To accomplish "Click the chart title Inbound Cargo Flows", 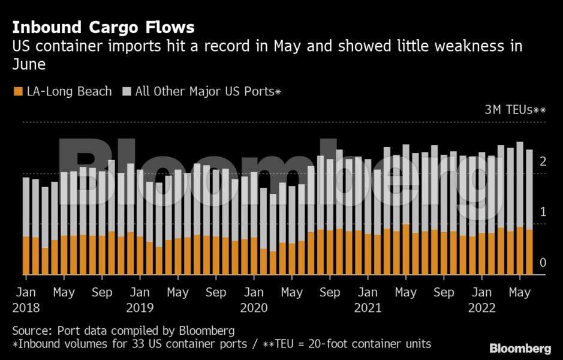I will click(103, 28).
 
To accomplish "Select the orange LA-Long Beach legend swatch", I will click(18, 92).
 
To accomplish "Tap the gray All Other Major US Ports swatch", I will click(127, 92).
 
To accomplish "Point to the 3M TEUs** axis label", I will click(515, 110).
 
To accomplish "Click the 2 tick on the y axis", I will click(542, 161).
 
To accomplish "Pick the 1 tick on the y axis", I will click(542, 212).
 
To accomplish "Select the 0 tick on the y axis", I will click(542, 263).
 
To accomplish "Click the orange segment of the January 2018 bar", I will click(26, 256).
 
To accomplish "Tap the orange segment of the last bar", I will click(529, 252).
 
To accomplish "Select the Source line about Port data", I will click(124, 331).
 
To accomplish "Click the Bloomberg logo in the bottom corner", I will click(520, 349).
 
